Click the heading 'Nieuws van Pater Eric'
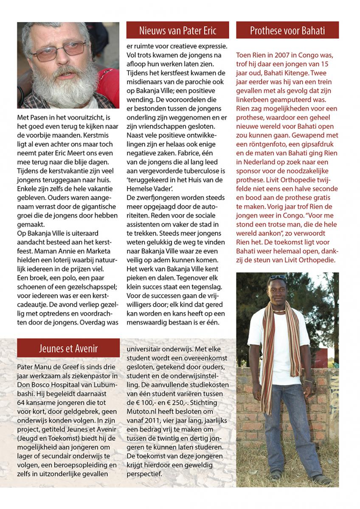(177, 31)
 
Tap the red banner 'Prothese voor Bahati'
(287, 31)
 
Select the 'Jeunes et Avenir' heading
(68, 349)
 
